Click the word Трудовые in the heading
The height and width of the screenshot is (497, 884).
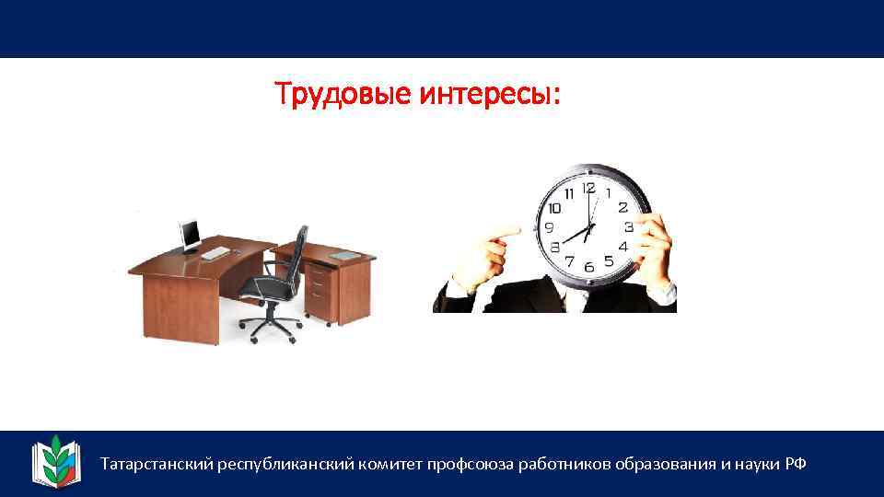click(343, 94)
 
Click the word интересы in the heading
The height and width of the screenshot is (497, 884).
click(488, 94)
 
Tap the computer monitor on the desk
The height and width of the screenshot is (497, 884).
click(191, 236)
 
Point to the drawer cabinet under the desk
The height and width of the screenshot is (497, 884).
click(318, 289)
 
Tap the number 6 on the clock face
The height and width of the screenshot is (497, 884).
click(588, 266)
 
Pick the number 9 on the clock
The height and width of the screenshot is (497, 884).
click(550, 227)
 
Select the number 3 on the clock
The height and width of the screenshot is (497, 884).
click(628, 226)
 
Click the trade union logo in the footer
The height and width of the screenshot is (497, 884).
click(57, 459)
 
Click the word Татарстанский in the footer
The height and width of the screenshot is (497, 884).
click(157, 463)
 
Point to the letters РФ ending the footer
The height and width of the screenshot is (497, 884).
click(796, 463)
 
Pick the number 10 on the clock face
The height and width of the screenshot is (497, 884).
click(555, 208)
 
